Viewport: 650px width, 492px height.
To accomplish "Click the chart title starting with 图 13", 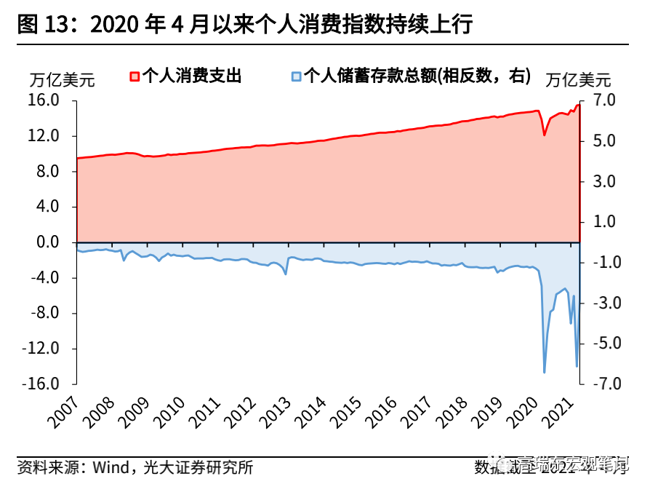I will pos(244,24).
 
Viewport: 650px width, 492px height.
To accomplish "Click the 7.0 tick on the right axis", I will pos(605,100).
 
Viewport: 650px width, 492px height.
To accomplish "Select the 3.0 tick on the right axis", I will pos(605,181).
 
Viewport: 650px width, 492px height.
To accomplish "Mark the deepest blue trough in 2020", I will pos(545,373).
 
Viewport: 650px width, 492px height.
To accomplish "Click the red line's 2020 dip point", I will pos(544,135).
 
